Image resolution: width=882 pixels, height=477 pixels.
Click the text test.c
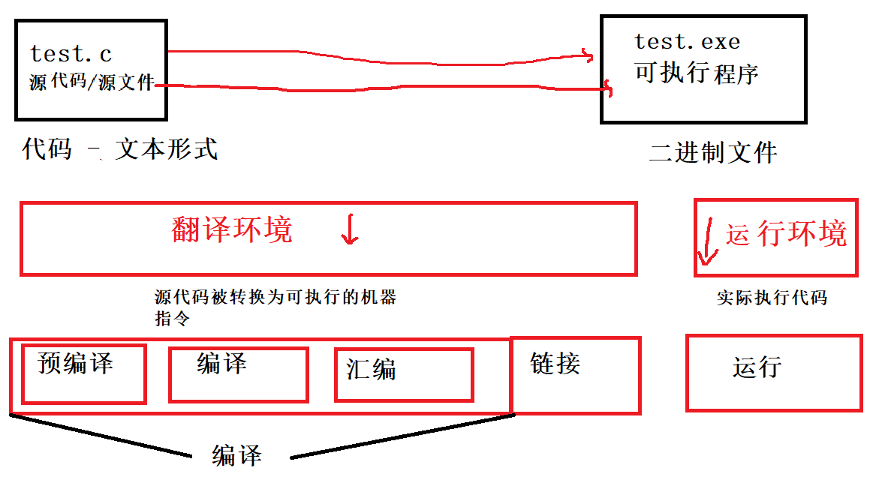[71, 54]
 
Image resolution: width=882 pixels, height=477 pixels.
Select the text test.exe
[687, 41]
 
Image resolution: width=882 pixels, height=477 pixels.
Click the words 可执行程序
[697, 73]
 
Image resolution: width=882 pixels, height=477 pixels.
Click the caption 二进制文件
[713, 153]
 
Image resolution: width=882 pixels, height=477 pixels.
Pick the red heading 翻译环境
[232, 229]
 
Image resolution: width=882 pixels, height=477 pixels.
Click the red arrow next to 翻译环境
[349, 229]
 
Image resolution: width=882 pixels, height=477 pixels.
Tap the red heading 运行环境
[786, 234]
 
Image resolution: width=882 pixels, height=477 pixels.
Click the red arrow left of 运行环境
[706, 241]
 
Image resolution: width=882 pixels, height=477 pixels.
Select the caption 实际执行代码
[772, 298]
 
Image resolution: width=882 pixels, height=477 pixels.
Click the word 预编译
[75, 364]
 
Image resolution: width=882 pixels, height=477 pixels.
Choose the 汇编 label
[371, 369]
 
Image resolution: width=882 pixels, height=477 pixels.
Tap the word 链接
[555, 364]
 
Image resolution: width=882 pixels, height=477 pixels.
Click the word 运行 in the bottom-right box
[757, 367]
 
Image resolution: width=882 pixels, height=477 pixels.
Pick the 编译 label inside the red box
[221, 364]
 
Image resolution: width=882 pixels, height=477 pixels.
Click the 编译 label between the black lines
[236, 455]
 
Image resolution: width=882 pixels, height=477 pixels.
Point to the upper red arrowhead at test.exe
[588, 55]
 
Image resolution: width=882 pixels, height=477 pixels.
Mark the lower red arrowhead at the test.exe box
[608, 91]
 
